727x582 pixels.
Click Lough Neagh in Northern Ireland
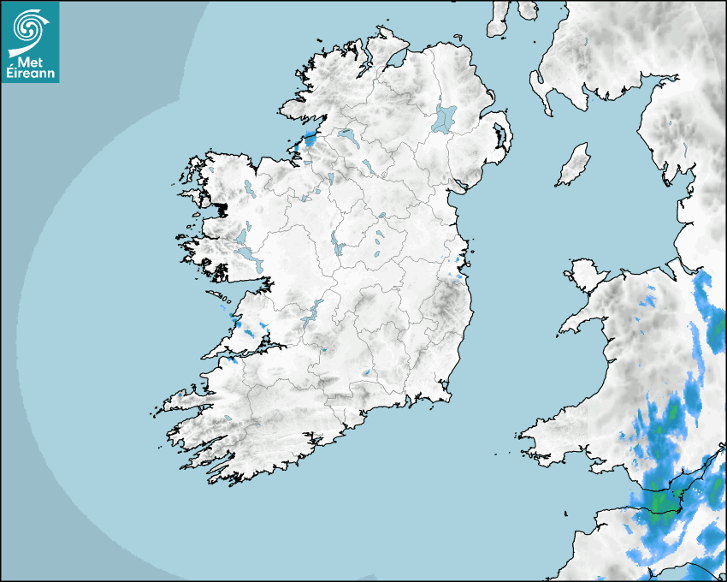coord(445,117)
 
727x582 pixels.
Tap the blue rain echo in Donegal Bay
coord(309,139)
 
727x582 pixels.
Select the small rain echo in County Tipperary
coord(366,372)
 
